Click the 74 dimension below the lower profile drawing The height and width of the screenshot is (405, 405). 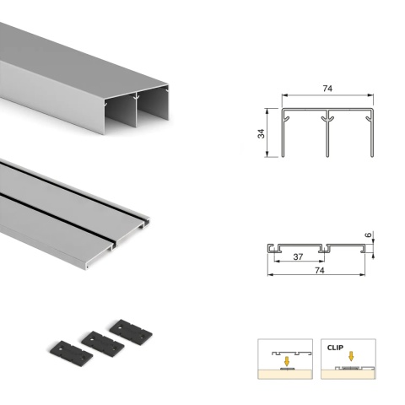tap(320, 272)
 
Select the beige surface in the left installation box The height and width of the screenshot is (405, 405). tap(286, 375)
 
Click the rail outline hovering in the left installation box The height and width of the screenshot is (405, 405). tap(287, 350)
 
